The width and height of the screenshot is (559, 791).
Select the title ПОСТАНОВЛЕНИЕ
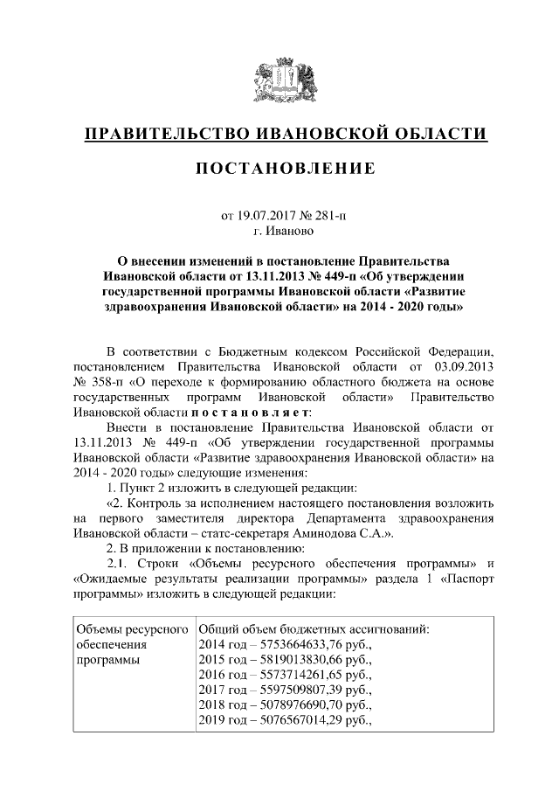click(279, 167)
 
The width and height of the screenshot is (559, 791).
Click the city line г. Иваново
click(279, 231)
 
